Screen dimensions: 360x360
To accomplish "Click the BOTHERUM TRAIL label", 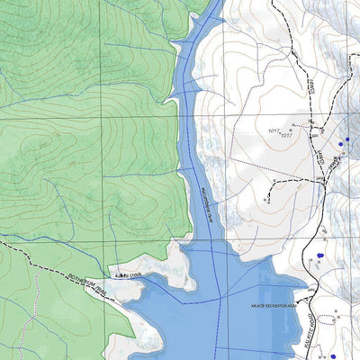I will tap(87, 286).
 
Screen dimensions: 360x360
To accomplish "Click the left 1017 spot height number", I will tap(274, 130).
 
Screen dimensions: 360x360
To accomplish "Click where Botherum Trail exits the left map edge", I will tap(3, 241).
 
